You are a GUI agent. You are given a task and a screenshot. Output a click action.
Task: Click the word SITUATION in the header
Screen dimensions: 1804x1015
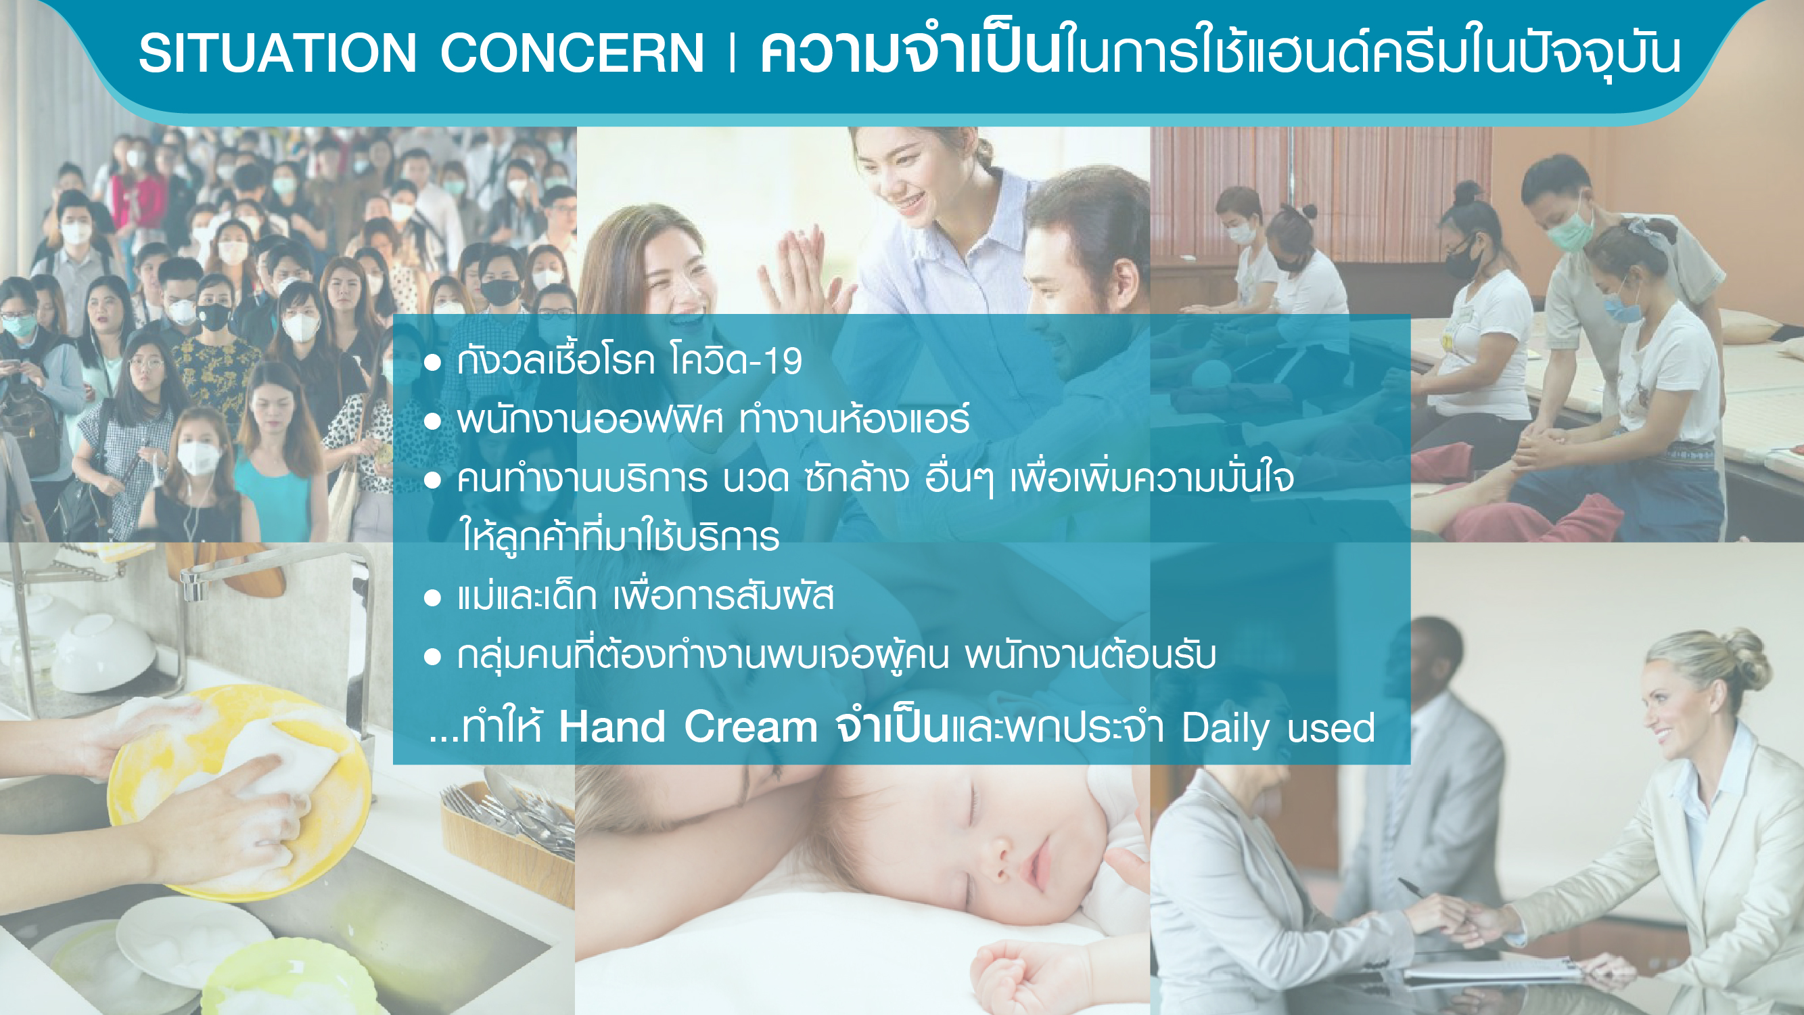pyautogui.click(x=278, y=53)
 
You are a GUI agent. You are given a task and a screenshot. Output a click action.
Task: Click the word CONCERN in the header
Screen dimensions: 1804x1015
pyautogui.click(x=572, y=53)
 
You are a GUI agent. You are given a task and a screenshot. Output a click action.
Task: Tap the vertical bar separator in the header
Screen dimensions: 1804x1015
pyautogui.click(x=732, y=53)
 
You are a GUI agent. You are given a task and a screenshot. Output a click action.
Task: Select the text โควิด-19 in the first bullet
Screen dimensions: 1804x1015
pyautogui.click(x=736, y=360)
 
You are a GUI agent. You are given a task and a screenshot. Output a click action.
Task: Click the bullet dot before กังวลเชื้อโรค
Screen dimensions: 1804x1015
pyautogui.click(x=432, y=362)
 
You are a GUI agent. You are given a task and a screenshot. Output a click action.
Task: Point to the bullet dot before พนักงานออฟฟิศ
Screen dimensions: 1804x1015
pyautogui.click(x=432, y=421)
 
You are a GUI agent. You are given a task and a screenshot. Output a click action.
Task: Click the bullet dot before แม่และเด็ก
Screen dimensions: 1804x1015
pyautogui.click(x=432, y=597)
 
